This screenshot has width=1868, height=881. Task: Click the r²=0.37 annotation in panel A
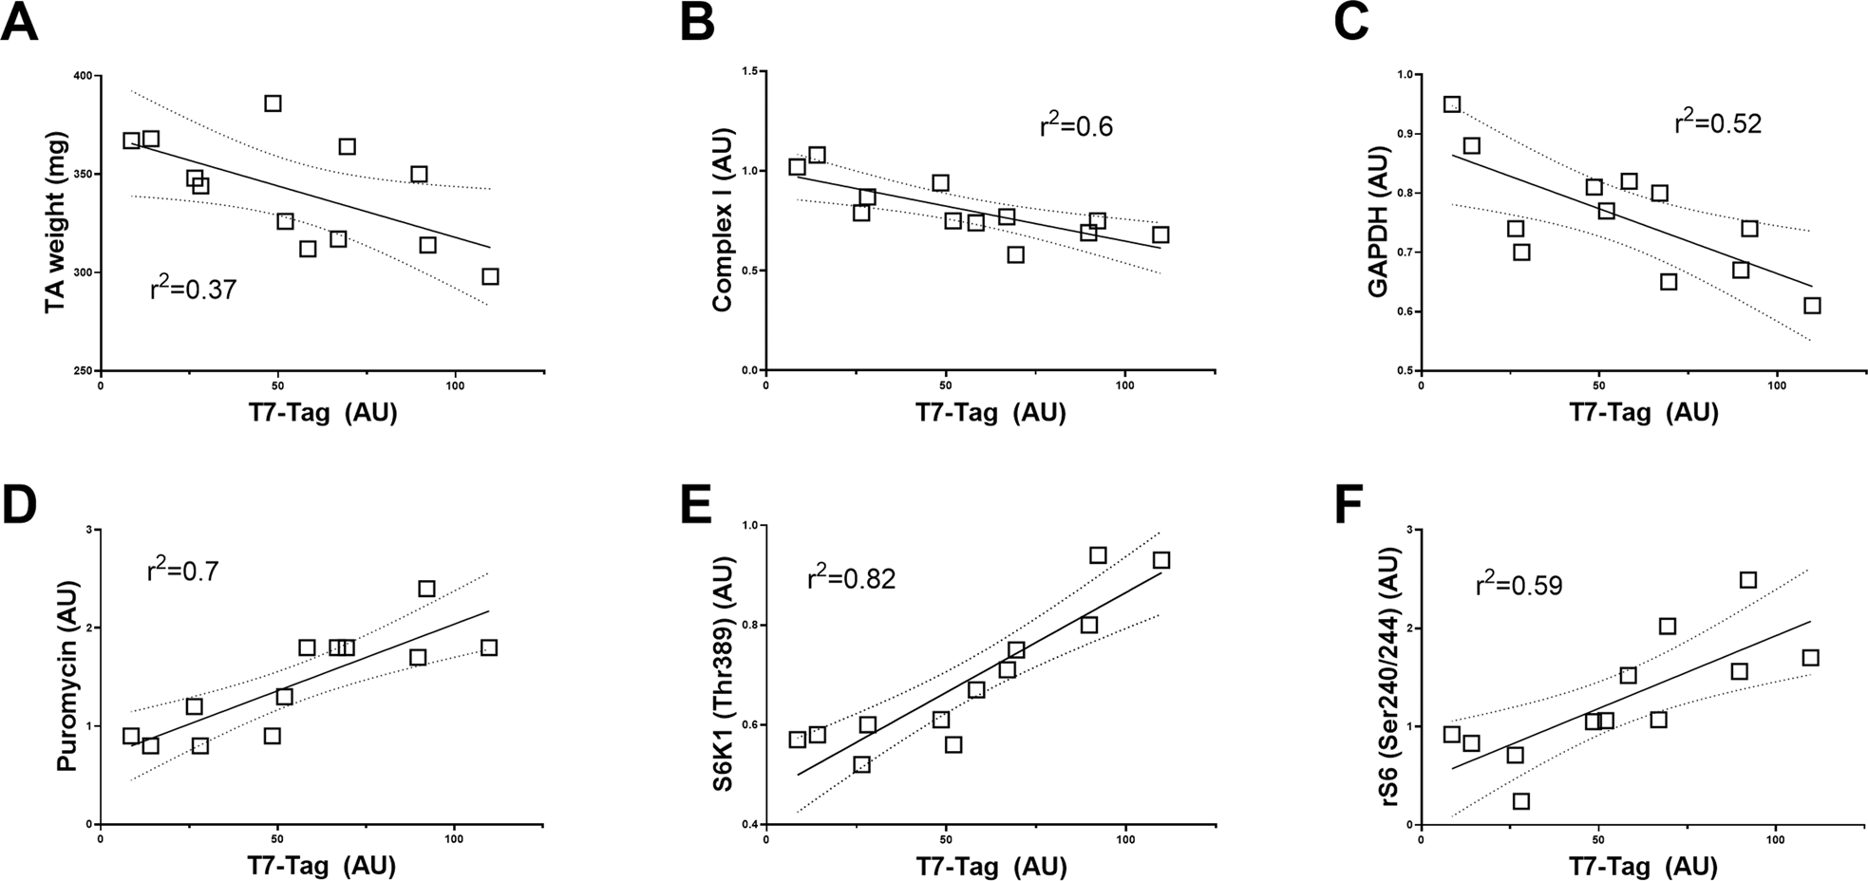tap(193, 288)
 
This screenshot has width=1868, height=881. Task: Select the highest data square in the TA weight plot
tap(273, 103)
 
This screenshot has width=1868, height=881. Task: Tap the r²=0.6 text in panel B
tap(1076, 125)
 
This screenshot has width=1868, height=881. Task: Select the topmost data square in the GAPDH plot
tap(1452, 104)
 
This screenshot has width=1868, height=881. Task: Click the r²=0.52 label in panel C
tap(1718, 122)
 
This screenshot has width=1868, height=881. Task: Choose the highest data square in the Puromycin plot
tap(426, 589)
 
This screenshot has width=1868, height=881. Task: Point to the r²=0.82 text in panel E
tap(851, 577)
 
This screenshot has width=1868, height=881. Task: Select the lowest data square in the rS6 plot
tap(1520, 801)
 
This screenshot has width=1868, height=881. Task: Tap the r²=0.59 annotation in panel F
tap(1519, 585)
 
